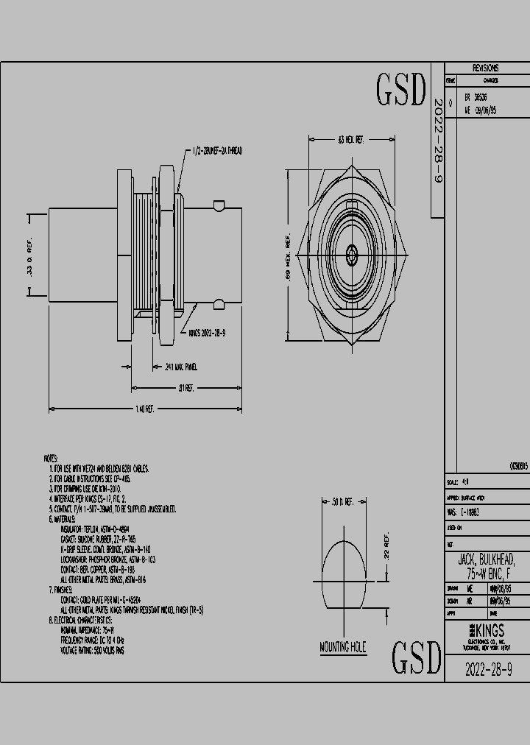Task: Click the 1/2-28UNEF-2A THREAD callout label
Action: [x=217, y=151]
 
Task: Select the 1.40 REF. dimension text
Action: [x=144, y=409]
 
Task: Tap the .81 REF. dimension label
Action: [x=184, y=388]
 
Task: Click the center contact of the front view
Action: [x=352, y=256]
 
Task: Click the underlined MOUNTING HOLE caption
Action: [x=342, y=648]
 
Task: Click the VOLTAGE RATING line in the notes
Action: [x=92, y=651]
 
